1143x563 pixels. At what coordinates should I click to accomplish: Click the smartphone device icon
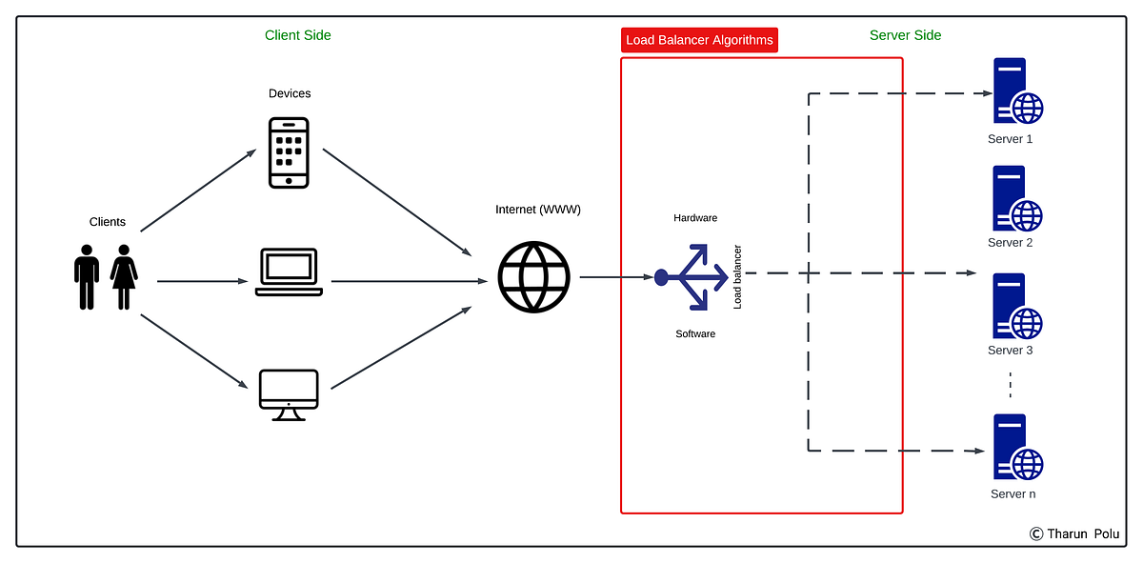pos(289,153)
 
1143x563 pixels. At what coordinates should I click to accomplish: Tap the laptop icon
pos(289,272)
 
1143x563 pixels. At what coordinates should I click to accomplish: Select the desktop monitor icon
pos(289,394)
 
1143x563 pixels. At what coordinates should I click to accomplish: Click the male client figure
pos(87,276)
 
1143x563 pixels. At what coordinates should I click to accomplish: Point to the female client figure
pos(124,276)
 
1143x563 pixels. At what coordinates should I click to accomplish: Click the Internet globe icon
pos(533,277)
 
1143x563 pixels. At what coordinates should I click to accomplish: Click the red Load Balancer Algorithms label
pos(699,40)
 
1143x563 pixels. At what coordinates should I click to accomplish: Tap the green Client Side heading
pos(298,35)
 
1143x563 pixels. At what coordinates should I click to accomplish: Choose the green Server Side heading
pos(905,35)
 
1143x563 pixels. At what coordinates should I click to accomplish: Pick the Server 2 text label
pos(1011,243)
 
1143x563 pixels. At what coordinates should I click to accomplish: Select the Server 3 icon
pos(1015,307)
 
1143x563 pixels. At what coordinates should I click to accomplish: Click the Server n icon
pos(1015,448)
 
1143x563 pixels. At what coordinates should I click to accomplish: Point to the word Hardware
pos(695,218)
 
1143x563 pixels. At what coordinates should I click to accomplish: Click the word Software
pos(695,333)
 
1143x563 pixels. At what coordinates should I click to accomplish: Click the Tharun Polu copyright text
pos(1074,533)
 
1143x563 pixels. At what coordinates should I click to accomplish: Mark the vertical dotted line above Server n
pos(1010,387)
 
